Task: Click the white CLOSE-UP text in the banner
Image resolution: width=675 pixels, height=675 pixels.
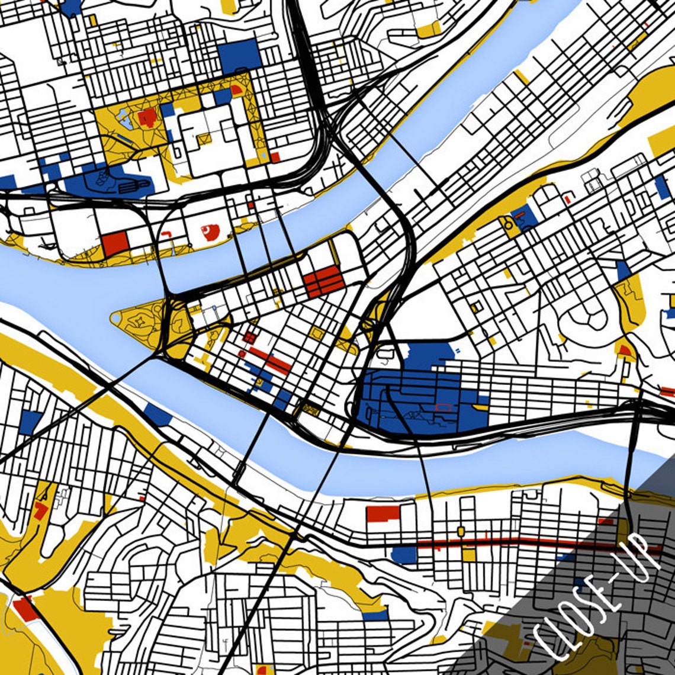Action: (x=598, y=598)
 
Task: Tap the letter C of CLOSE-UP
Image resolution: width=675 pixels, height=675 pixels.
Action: (x=548, y=642)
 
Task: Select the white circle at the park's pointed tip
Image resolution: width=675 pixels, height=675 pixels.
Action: (x=114, y=319)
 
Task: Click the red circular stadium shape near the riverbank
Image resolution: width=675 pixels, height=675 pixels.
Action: (x=210, y=231)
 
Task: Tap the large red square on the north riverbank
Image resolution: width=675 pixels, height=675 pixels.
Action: (x=115, y=243)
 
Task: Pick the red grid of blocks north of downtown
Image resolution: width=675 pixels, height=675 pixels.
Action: (x=323, y=281)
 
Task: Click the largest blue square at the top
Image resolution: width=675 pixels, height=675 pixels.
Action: (x=239, y=56)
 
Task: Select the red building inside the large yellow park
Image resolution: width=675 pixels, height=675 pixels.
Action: (x=147, y=117)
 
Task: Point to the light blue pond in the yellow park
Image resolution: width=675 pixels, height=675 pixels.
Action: (x=125, y=118)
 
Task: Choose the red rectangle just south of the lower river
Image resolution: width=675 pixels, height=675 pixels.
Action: (x=382, y=513)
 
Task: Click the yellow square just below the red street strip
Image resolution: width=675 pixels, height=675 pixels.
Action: (x=469, y=555)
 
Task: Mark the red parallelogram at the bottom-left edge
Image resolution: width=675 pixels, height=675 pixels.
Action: (x=25, y=609)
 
